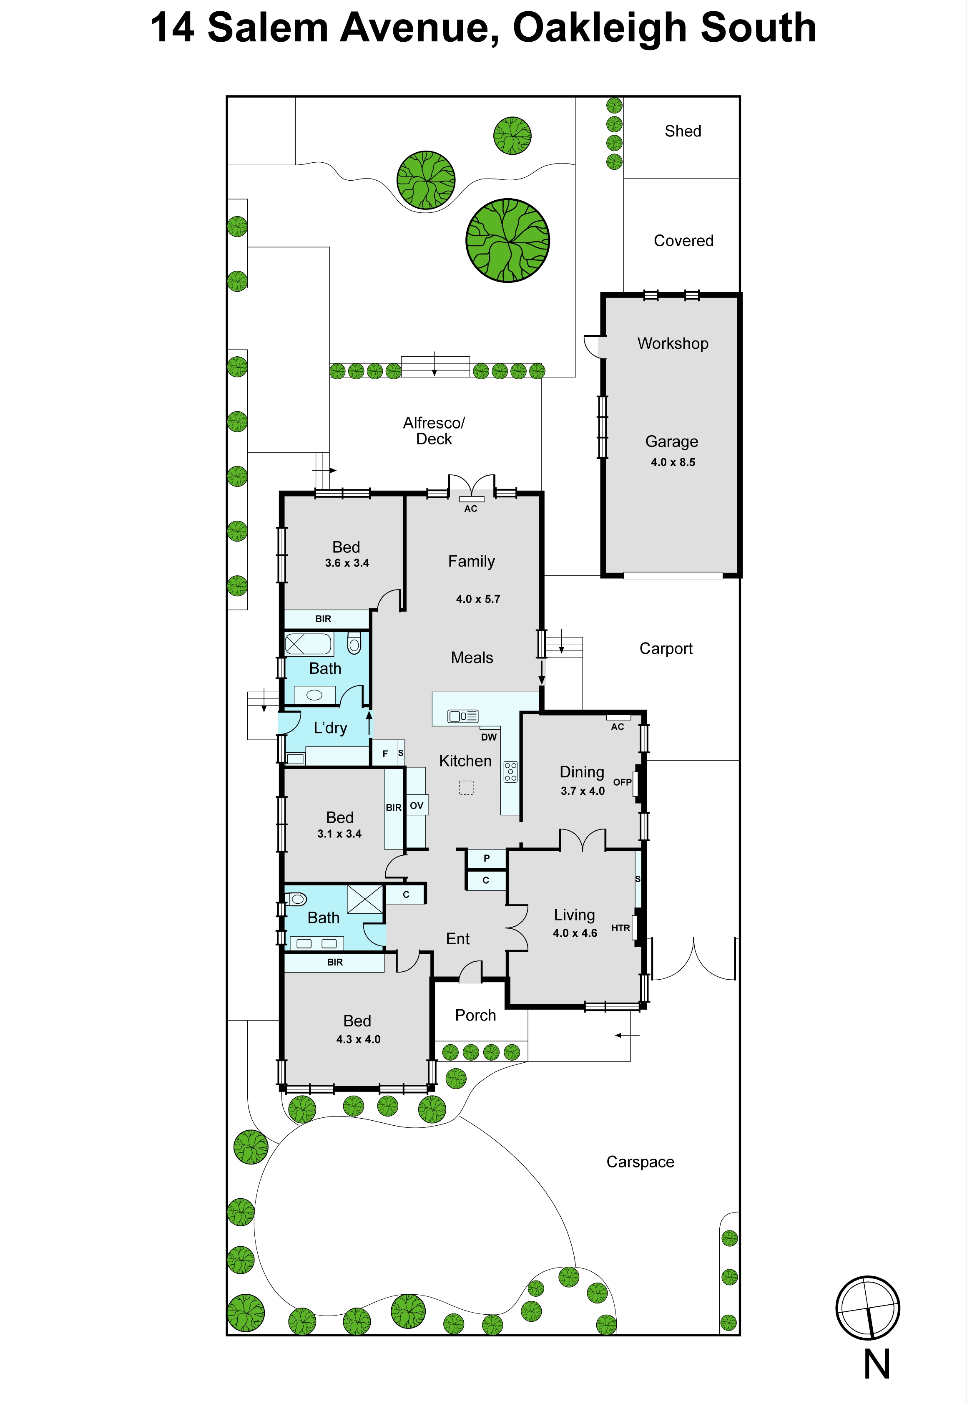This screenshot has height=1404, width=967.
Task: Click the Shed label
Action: [683, 131]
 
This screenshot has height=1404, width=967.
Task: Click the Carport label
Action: [666, 649]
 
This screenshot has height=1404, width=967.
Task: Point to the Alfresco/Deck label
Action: [434, 431]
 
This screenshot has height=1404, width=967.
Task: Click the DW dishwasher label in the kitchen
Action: [489, 737]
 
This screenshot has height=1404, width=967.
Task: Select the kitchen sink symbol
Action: [463, 716]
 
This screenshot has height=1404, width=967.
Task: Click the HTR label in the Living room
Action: [620, 928]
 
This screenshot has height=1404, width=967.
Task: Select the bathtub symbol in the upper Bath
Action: [309, 644]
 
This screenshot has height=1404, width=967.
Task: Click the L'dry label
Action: [330, 728]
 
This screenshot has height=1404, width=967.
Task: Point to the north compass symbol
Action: [868, 1308]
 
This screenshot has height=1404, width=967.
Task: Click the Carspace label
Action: [640, 1162]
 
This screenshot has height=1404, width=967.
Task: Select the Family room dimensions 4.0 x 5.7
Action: [478, 599]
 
